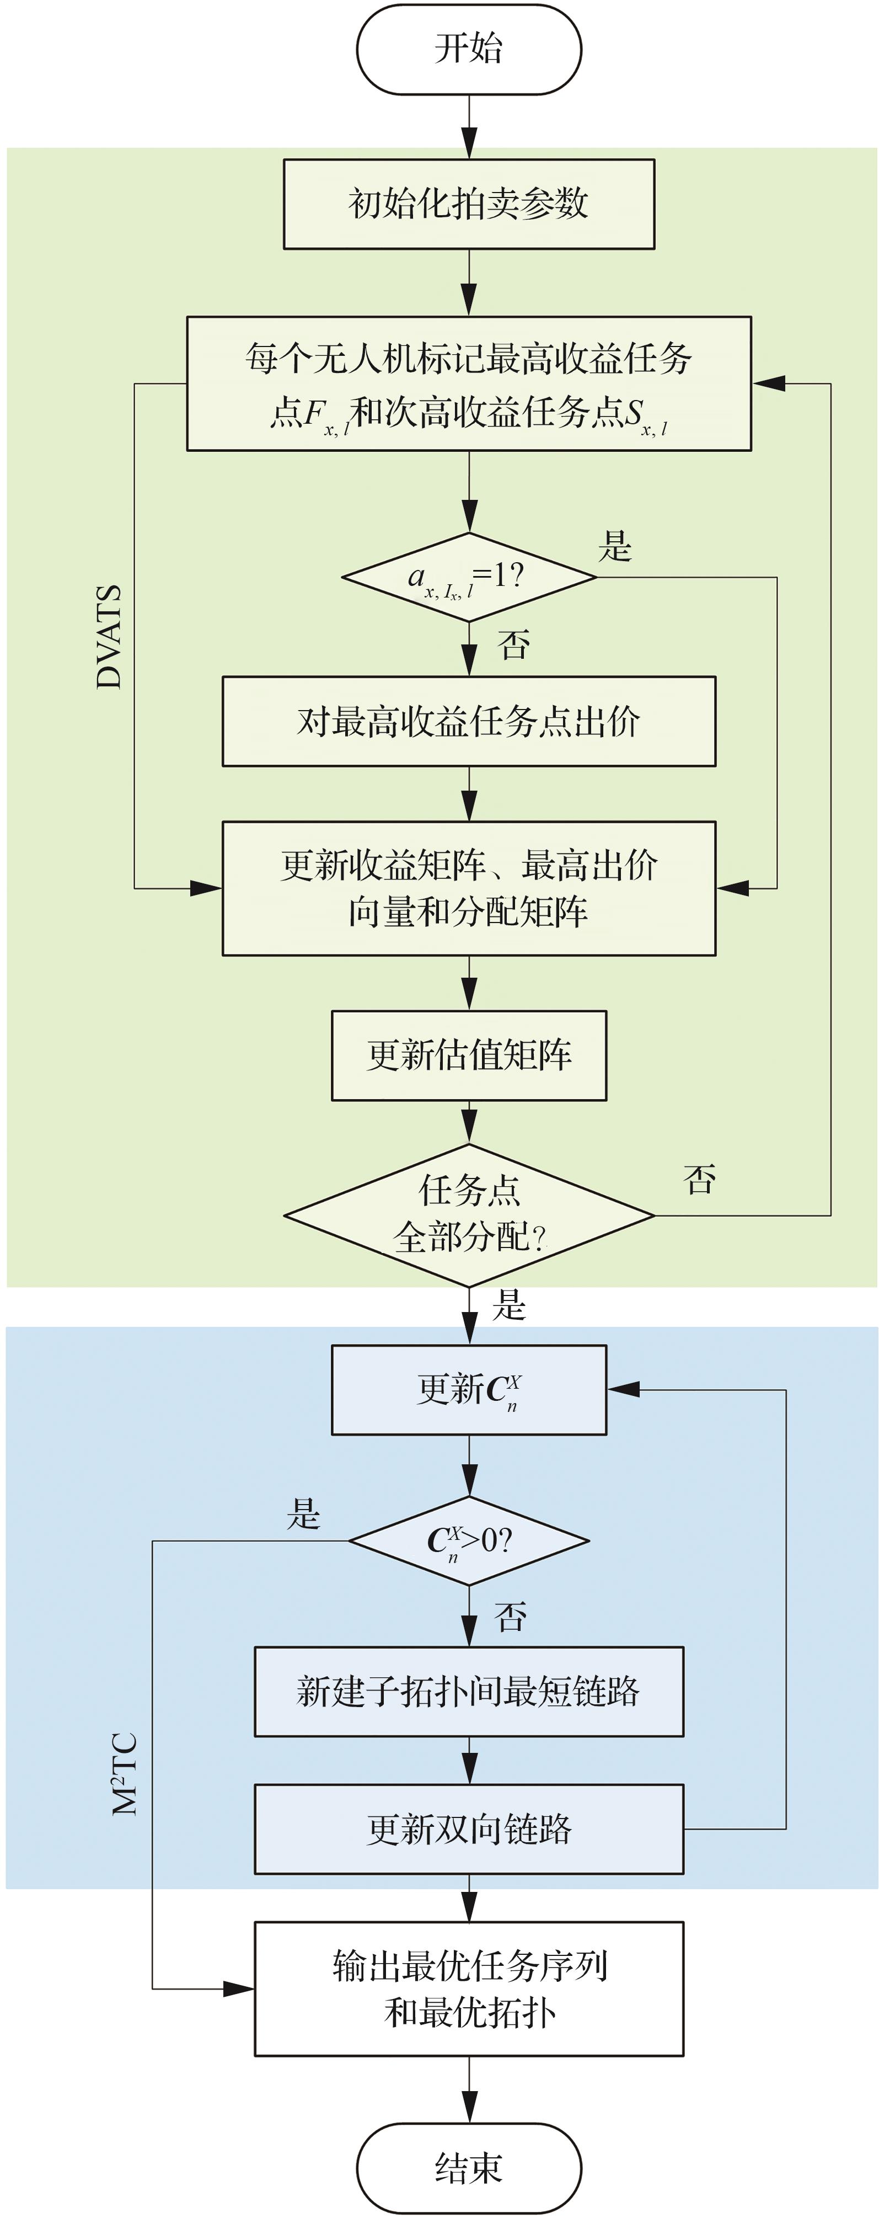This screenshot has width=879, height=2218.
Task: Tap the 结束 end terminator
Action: pyautogui.click(x=468, y=2167)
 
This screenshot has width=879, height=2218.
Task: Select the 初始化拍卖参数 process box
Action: pyautogui.click(x=468, y=204)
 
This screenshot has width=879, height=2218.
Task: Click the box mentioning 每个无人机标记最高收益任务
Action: pyautogui.click(x=468, y=383)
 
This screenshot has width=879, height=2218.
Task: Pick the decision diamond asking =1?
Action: pyautogui.click(x=468, y=577)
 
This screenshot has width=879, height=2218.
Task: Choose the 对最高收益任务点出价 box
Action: pyautogui.click(x=468, y=722)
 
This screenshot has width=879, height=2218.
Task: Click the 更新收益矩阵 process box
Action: pyautogui.click(x=468, y=888)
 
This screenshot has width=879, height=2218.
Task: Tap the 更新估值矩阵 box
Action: pyautogui.click(x=468, y=1055)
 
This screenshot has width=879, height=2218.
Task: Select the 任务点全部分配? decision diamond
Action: pyautogui.click(x=468, y=1215)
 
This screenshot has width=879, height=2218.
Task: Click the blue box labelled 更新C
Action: pyautogui.click(x=468, y=1390)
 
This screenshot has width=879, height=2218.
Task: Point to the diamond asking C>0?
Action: pyautogui.click(x=468, y=1540)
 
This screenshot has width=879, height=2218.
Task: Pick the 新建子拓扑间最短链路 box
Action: pyautogui.click(x=468, y=1692)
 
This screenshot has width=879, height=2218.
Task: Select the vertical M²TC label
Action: pyautogui.click(x=125, y=1774)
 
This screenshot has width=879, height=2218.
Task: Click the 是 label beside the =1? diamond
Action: pyautogui.click(x=615, y=546)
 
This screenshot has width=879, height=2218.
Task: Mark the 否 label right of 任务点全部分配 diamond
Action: pyautogui.click(x=699, y=1179)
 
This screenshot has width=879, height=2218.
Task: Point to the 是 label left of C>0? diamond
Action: pyautogui.click(x=303, y=1513)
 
